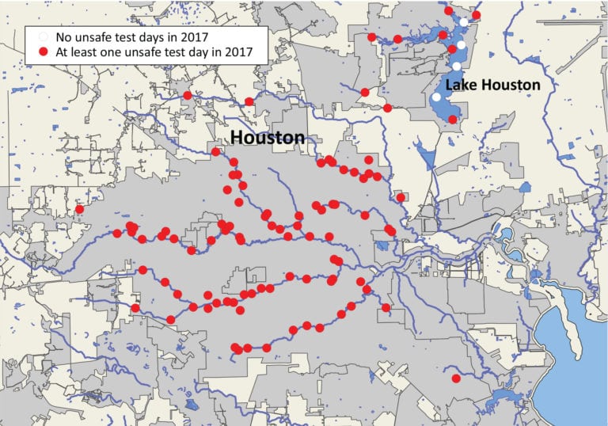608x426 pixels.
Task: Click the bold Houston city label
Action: [267, 138]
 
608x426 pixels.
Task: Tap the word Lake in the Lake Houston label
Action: [460, 85]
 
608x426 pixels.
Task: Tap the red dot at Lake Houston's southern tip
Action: [452, 120]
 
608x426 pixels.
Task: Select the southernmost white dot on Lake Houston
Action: [435, 97]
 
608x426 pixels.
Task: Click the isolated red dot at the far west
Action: [79, 209]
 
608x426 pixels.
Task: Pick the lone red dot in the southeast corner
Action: [455, 378]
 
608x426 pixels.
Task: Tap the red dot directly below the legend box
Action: [187, 96]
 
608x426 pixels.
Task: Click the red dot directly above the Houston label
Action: [249, 101]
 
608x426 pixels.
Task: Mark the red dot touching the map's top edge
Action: [449, 11]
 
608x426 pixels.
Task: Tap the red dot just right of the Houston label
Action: [321, 162]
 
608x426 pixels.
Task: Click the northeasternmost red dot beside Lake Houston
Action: [476, 15]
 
